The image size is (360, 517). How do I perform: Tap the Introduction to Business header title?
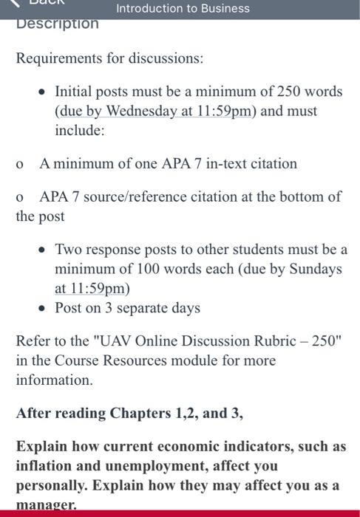183,9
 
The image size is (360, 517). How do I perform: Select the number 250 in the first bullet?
291,92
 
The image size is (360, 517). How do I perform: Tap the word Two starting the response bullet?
69,250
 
